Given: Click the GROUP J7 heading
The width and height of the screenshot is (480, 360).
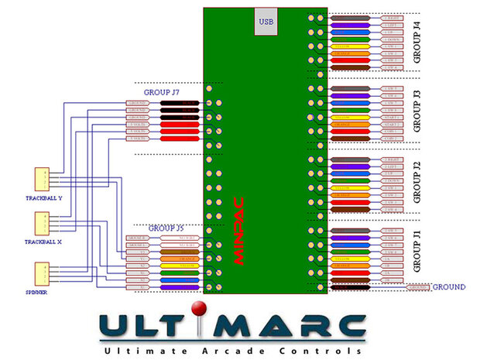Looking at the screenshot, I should point(165,93).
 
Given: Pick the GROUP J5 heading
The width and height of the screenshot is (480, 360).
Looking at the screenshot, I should point(166,228).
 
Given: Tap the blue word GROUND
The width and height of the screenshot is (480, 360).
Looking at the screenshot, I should point(449,287).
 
